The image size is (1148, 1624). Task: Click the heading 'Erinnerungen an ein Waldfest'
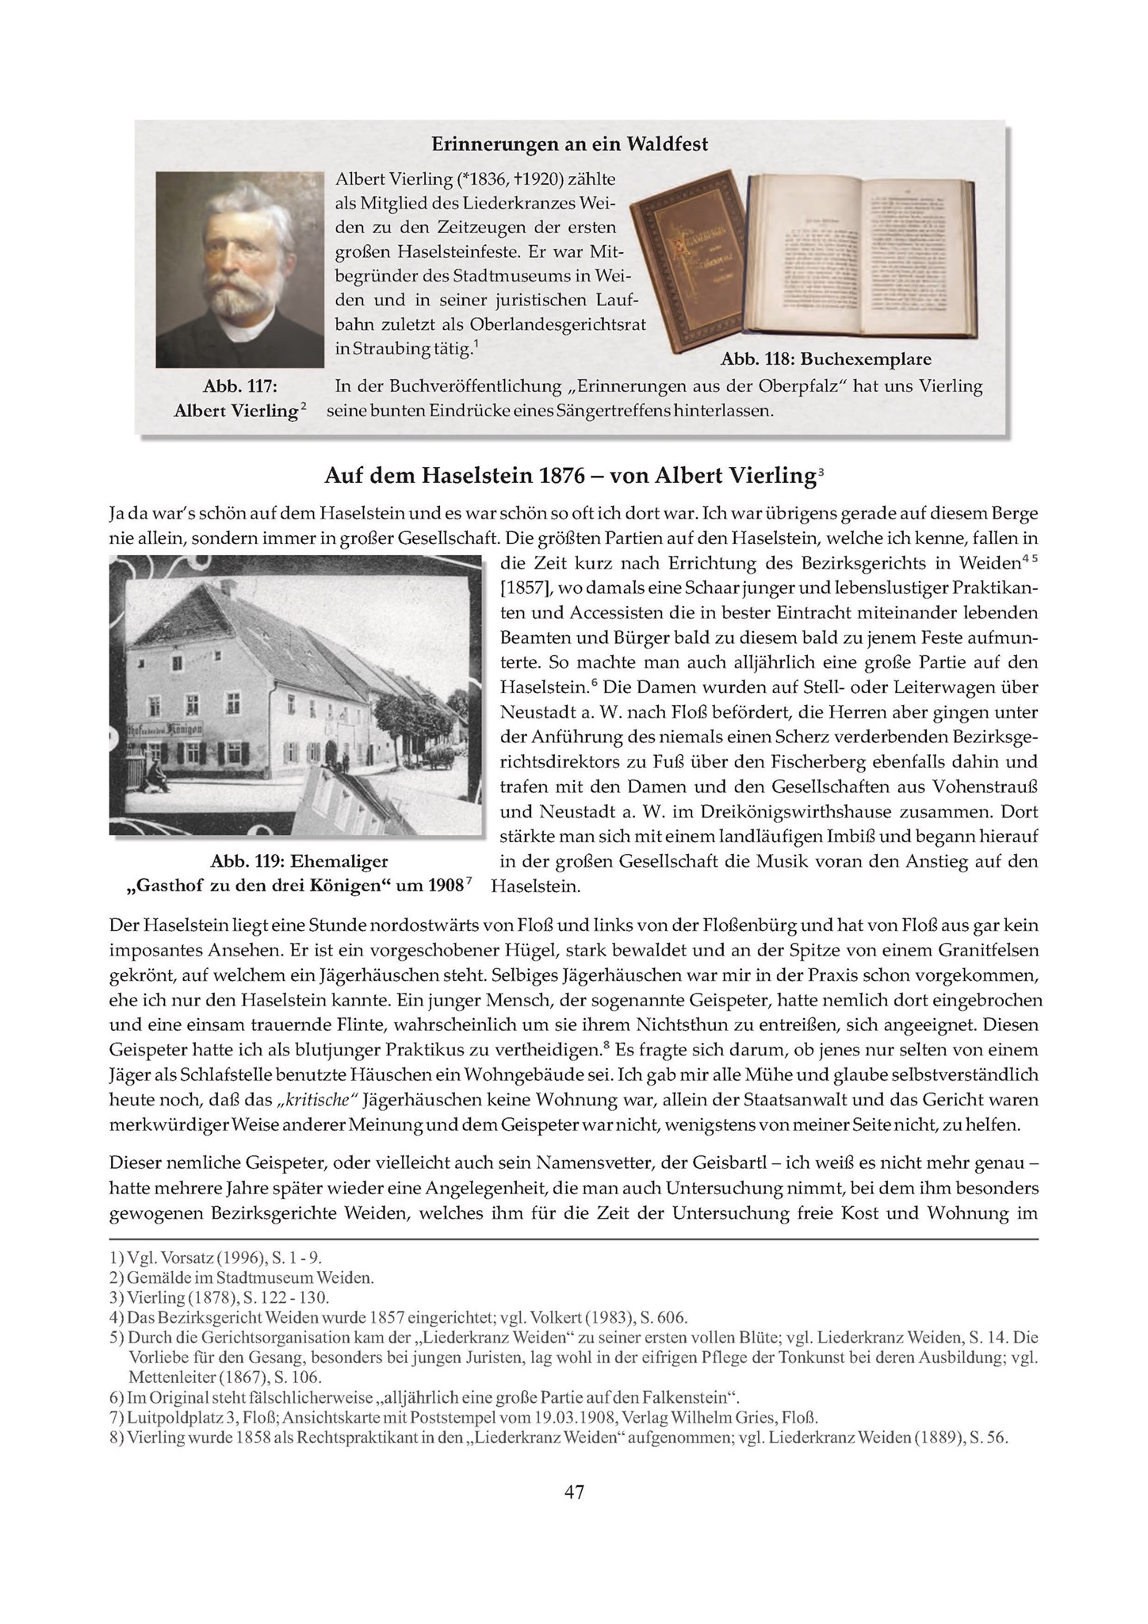click(569, 144)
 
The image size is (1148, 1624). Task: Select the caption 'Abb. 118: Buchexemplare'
click(825, 359)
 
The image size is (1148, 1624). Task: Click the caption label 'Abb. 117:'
click(240, 386)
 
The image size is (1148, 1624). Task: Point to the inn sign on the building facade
click(165, 730)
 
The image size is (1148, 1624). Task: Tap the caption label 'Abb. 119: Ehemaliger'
click(299, 861)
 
